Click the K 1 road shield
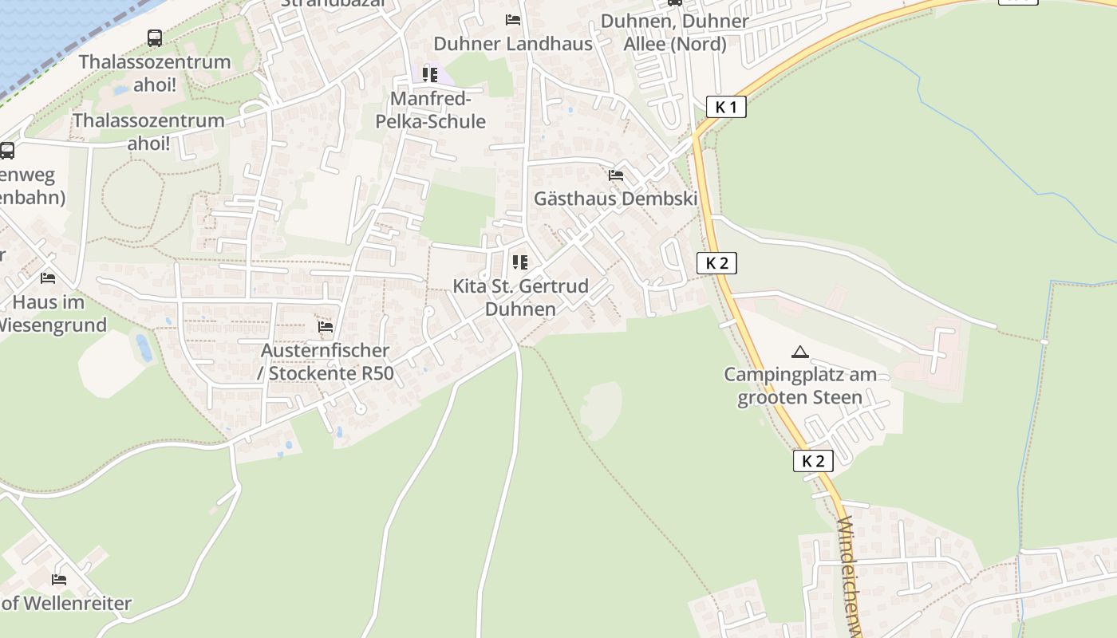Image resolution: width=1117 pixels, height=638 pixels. (x=726, y=107)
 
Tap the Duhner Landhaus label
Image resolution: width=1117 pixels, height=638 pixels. (x=513, y=43)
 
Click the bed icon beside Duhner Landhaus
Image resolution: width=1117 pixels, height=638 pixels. (x=513, y=19)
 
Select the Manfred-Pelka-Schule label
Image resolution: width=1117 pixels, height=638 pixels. (x=431, y=110)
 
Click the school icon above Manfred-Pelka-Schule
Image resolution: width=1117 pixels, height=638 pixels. (x=430, y=75)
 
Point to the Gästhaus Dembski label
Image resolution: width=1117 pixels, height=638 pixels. (x=615, y=199)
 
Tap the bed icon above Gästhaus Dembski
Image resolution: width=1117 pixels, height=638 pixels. (x=615, y=175)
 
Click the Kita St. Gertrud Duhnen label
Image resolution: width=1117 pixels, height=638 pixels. (x=520, y=297)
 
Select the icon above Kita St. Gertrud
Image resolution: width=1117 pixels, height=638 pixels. (x=520, y=262)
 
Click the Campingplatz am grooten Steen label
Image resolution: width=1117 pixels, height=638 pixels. (x=799, y=386)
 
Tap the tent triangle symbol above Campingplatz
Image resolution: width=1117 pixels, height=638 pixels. (x=799, y=351)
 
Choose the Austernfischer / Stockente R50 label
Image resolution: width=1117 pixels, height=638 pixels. (x=326, y=361)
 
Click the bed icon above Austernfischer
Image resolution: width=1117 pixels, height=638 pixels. (x=326, y=326)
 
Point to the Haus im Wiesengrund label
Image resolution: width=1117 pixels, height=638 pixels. (x=49, y=313)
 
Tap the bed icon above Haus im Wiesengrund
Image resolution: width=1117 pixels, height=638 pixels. (x=48, y=278)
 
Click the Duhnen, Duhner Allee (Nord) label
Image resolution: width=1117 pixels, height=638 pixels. (x=675, y=32)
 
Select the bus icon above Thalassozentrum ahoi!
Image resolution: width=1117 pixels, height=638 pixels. (x=155, y=37)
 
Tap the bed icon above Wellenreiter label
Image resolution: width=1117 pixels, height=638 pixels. (x=59, y=579)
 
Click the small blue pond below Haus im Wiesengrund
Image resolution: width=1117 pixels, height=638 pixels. (x=144, y=348)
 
